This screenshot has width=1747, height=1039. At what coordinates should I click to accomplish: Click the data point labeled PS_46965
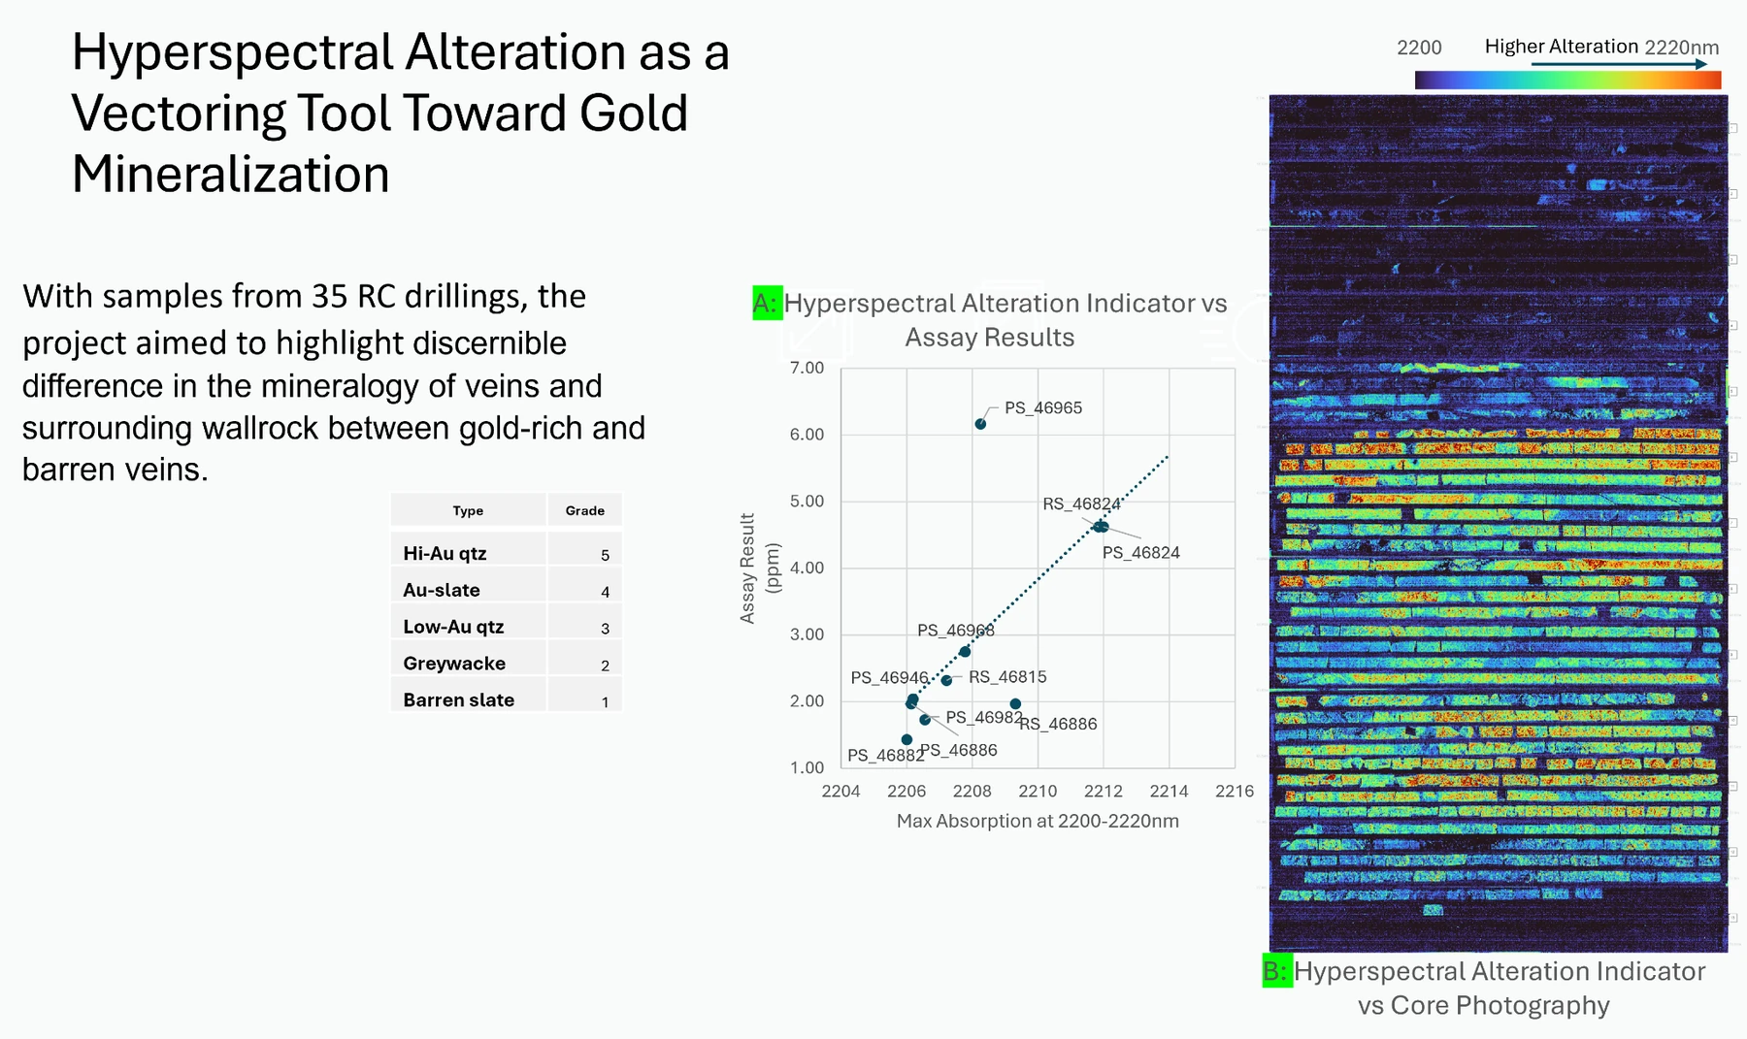980,424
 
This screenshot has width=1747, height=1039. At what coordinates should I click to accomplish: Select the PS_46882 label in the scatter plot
885,756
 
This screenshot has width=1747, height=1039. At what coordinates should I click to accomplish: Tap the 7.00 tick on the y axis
807,368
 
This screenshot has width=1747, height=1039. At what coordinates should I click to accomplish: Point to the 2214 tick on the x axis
1169,791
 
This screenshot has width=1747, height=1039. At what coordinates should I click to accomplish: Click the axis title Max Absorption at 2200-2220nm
1038,821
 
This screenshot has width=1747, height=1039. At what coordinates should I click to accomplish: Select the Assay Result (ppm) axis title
759,568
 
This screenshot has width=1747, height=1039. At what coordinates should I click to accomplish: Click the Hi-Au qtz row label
445,553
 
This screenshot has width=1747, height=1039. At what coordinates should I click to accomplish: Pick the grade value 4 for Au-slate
605,592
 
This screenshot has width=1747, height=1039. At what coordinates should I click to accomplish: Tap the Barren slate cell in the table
458,699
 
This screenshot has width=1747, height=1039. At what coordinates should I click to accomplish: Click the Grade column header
584,510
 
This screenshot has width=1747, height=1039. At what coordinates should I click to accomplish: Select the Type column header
468,510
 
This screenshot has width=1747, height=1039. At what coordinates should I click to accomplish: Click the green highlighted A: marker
767,303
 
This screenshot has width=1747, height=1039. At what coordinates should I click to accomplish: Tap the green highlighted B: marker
1276,971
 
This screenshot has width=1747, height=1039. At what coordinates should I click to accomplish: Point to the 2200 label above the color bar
1419,48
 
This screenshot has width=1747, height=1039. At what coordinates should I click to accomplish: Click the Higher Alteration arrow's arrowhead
1701,64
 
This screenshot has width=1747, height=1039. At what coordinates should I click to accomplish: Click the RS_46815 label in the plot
1007,677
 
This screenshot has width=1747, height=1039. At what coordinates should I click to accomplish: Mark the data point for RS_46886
1015,704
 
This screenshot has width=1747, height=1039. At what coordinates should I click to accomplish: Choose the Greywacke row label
454,664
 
